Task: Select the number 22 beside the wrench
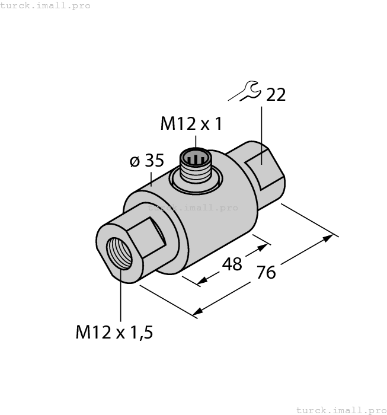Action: coord(276,95)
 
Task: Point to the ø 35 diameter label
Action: coord(146,161)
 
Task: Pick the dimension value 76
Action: coord(267,273)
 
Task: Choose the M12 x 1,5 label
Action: coord(114,333)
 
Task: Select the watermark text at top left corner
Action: coord(46,5)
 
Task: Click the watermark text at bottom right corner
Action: coord(341,410)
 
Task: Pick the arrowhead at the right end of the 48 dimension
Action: coord(264,244)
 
